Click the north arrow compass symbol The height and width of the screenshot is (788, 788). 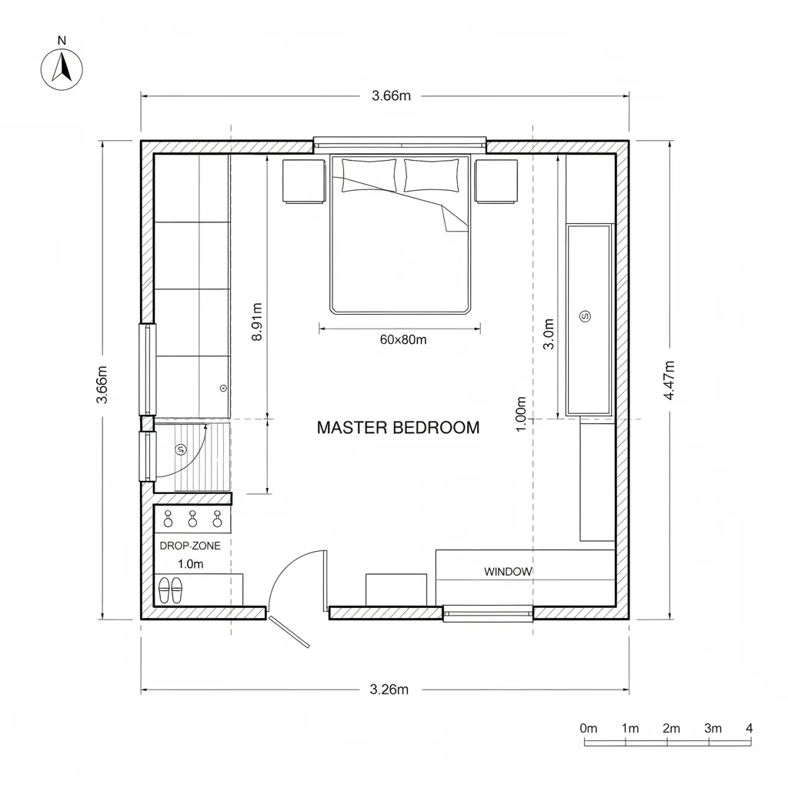(x=61, y=69)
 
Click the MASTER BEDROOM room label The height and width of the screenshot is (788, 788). (x=398, y=428)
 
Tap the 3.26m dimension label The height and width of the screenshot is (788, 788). (x=389, y=689)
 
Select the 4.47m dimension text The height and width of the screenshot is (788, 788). (x=669, y=379)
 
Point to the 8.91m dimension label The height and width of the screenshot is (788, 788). (x=258, y=321)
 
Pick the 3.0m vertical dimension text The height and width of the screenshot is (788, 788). (x=549, y=334)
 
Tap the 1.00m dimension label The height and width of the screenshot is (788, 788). (x=521, y=414)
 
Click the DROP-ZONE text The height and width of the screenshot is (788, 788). (x=190, y=546)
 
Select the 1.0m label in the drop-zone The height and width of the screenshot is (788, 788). (x=190, y=564)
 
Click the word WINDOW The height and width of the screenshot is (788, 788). (x=508, y=572)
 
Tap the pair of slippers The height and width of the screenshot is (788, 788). (x=170, y=591)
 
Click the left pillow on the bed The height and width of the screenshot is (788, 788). (x=369, y=175)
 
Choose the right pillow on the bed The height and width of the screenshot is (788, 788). (x=436, y=175)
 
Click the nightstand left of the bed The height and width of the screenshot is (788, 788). (x=303, y=181)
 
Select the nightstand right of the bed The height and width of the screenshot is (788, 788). (x=496, y=181)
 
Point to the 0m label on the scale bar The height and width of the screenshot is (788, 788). (x=589, y=728)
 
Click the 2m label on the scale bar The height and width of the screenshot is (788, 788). (x=671, y=728)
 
